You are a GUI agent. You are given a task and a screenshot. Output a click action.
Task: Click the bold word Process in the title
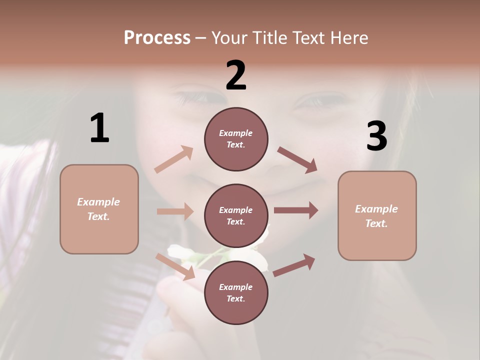(x=157, y=37)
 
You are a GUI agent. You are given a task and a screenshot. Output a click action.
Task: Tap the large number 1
(x=99, y=128)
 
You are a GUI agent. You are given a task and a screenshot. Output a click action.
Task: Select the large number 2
(x=236, y=75)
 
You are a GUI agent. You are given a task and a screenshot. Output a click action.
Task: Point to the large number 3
(x=377, y=136)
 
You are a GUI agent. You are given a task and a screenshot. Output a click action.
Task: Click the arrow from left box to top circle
(x=174, y=159)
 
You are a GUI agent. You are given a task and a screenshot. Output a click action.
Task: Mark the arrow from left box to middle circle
(x=175, y=211)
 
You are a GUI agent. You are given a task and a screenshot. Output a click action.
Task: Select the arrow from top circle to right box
(x=297, y=159)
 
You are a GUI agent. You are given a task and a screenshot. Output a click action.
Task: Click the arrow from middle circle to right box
(x=296, y=210)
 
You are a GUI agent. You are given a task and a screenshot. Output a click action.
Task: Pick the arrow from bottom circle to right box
(x=294, y=265)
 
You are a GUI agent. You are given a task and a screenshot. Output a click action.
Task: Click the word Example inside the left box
(x=98, y=202)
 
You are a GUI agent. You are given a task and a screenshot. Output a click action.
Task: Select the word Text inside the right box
(x=376, y=223)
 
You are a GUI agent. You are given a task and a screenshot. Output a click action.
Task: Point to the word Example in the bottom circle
(x=235, y=287)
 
